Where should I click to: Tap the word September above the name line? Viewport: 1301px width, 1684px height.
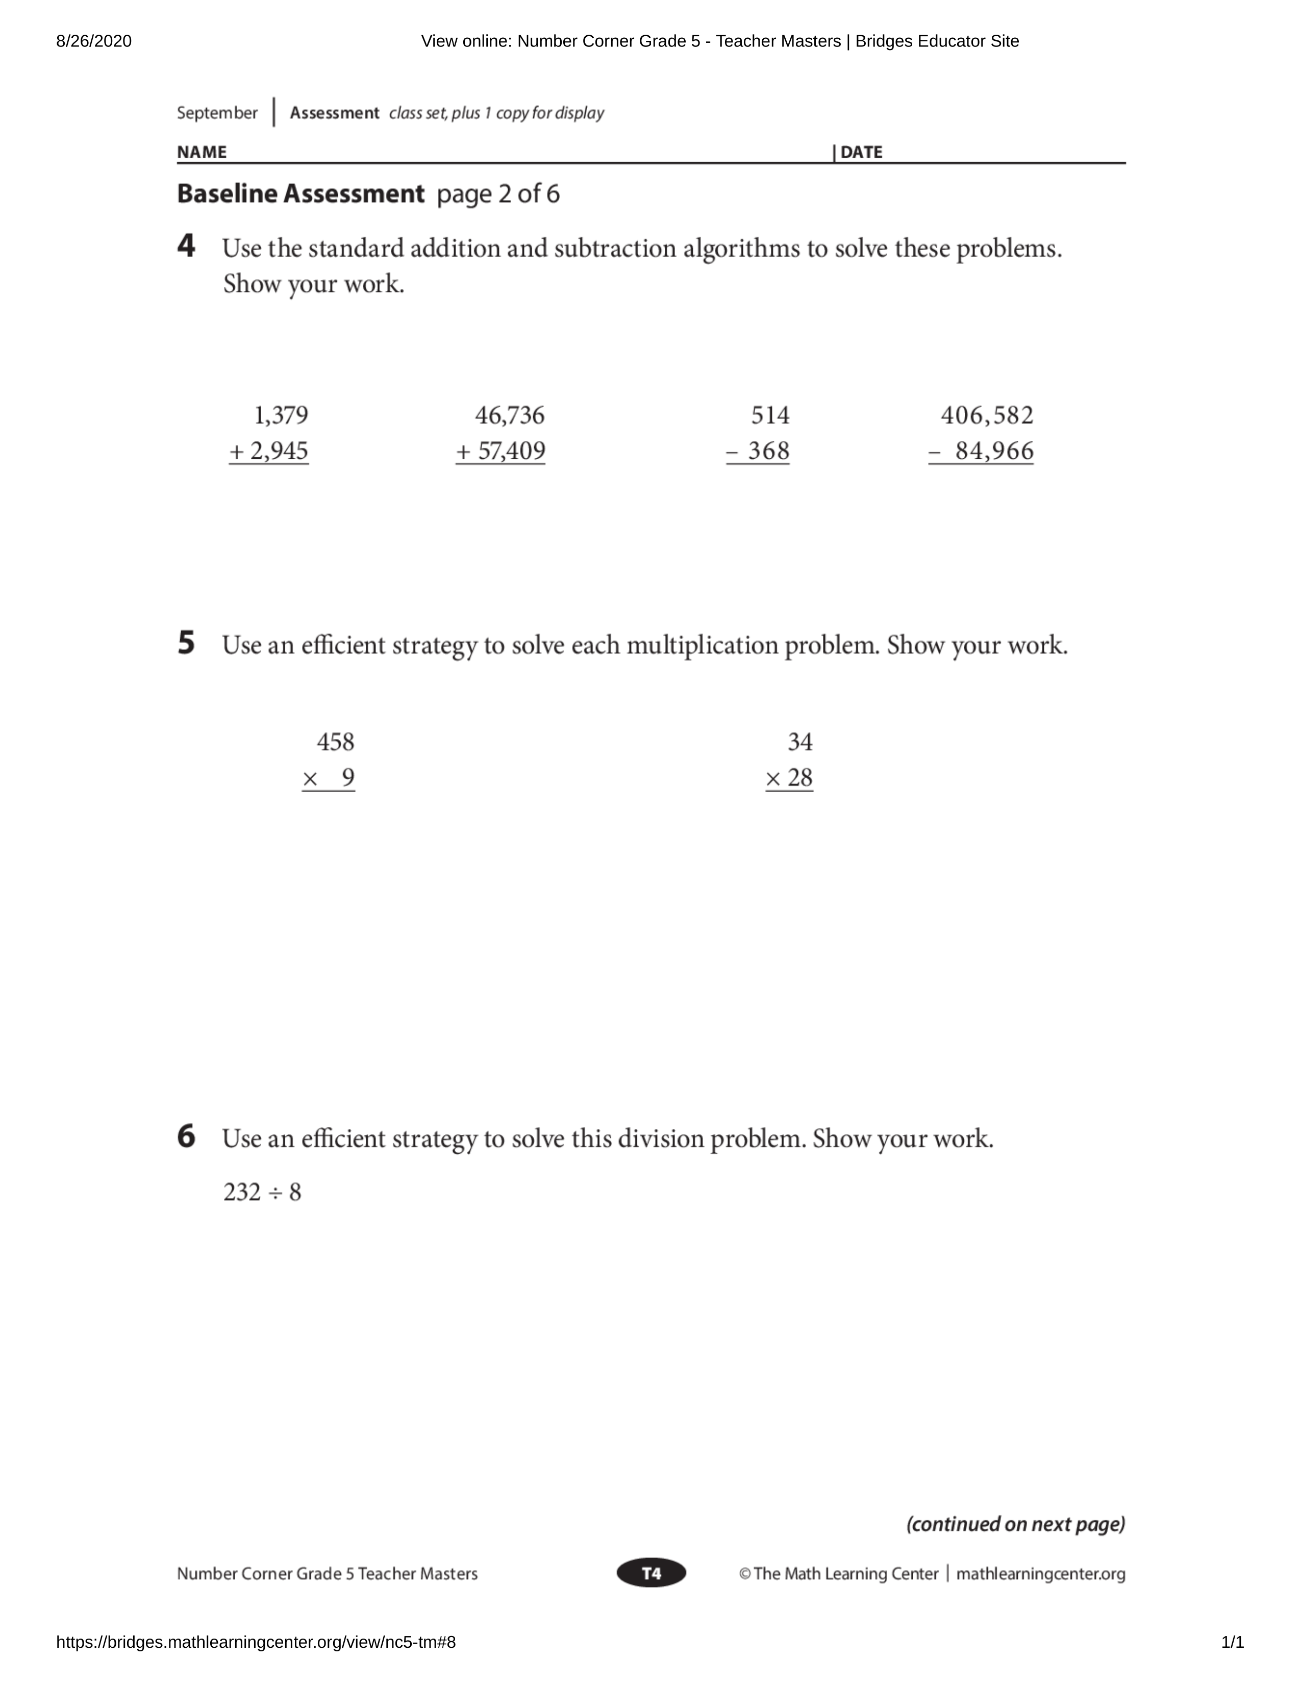tap(216, 113)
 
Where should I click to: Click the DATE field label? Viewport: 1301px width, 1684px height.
tap(861, 152)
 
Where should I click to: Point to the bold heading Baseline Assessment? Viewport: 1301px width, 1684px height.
tap(300, 193)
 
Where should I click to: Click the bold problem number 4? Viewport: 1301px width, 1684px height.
tap(186, 247)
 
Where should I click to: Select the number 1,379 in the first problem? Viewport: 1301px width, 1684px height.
tap(281, 415)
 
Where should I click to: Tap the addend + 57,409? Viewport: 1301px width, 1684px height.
tap(501, 451)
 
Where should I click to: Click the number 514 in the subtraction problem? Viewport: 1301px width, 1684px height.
tap(770, 415)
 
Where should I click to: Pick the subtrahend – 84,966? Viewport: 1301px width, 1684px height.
tap(981, 451)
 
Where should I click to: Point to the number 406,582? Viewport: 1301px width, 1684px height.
tap(987, 415)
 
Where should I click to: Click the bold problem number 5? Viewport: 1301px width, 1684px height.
tap(186, 643)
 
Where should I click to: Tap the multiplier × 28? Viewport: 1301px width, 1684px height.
tap(789, 778)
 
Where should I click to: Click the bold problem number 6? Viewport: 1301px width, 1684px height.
tap(186, 1136)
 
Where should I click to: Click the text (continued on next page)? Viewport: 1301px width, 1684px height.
tap(1015, 1524)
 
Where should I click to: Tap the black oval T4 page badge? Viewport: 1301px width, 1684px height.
tap(652, 1574)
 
